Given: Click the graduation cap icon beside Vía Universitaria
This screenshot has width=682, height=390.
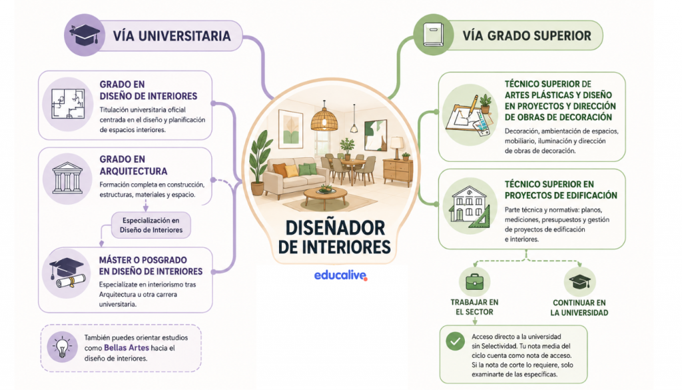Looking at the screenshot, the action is tap(85, 35).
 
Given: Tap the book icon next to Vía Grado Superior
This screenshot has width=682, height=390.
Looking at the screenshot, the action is tap(433, 35).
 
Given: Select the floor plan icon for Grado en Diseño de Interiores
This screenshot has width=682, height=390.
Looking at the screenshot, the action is tap(68, 104).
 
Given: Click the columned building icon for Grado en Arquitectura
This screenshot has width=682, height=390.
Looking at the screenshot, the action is tap(67, 179).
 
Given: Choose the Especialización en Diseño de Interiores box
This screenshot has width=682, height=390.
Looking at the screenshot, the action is tap(151, 225).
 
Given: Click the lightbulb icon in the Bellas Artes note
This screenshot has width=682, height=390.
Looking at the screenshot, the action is tap(62, 347).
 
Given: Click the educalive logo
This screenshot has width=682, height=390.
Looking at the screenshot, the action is tap(340, 275).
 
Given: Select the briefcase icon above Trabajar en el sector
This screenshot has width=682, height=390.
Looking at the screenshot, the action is tap(474, 282).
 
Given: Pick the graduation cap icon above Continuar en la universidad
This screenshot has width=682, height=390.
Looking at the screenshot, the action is tap(580, 281).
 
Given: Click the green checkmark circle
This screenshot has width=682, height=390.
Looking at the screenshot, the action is tap(455, 341).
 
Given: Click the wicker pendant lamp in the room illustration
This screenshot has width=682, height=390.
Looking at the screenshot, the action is tap(324, 119).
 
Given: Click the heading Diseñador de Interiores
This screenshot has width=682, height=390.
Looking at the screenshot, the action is tap(334, 237).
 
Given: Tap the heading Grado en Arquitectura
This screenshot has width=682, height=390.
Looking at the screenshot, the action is tap(133, 165).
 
